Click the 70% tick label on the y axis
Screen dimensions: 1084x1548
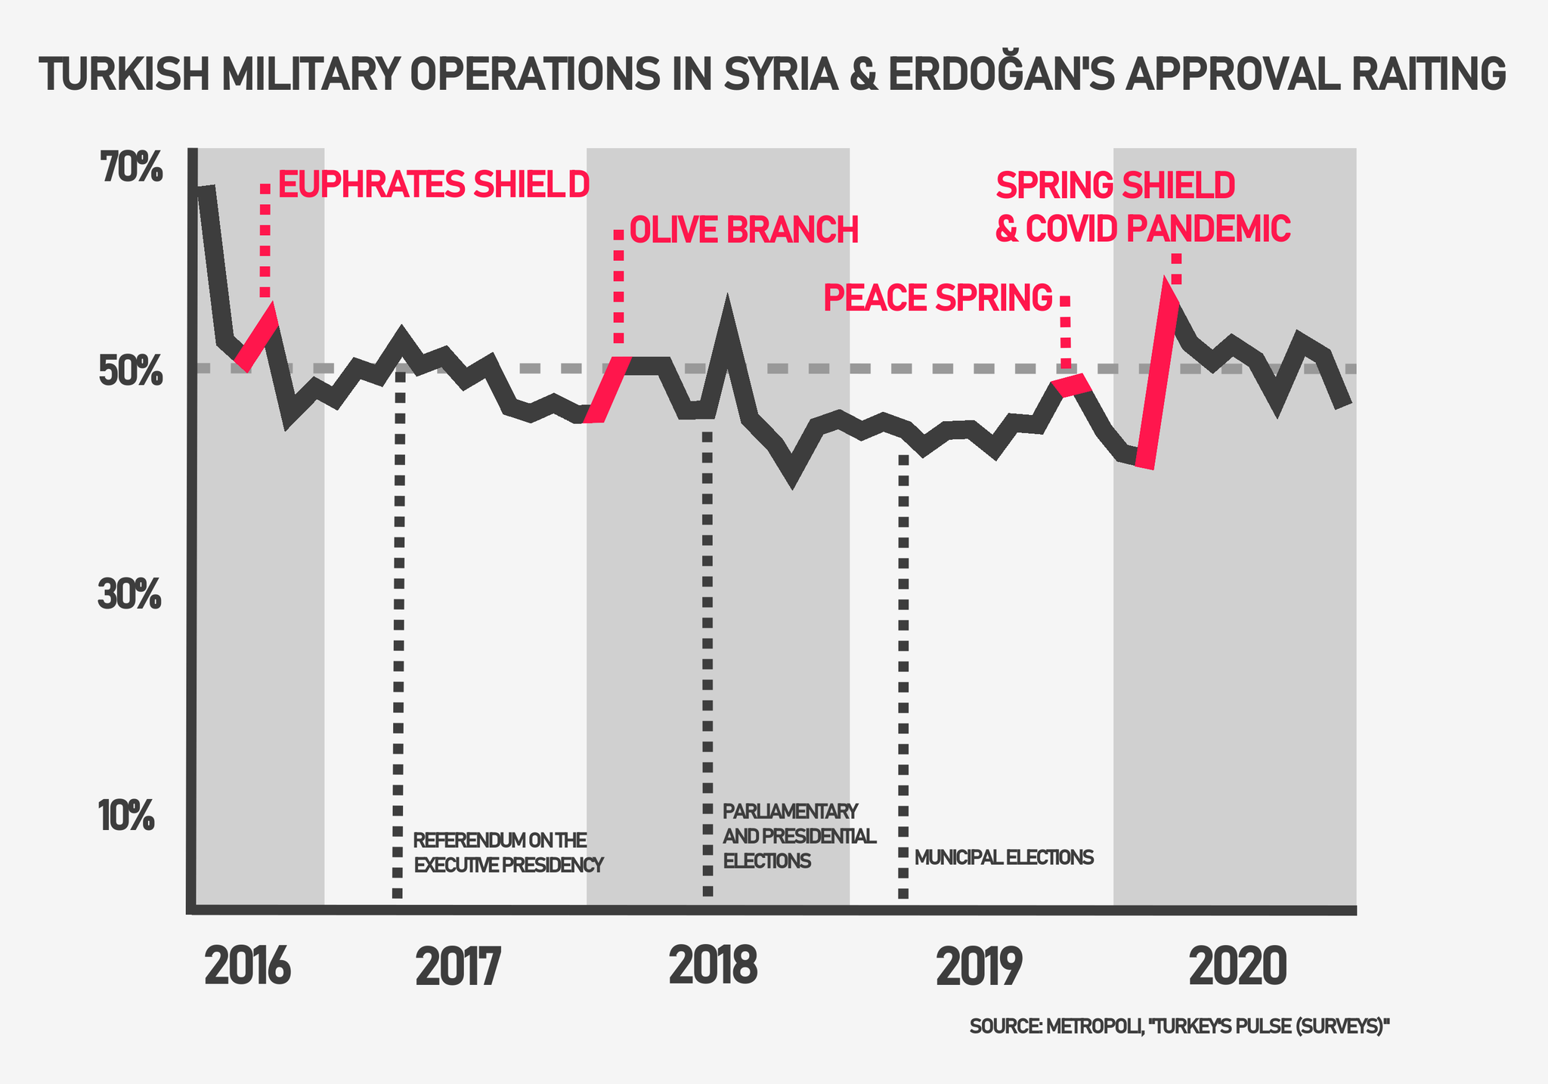pos(131,168)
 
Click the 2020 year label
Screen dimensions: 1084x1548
pos(1237,967)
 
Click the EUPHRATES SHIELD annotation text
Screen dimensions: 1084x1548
pos(433,184)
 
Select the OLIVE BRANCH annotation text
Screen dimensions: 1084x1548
pos(744,231)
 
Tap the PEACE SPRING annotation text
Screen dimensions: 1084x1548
pos(937,299)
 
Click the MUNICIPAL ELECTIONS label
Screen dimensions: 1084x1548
pos(1004,857)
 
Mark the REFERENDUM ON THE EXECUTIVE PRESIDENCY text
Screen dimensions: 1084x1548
pos(509,853)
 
